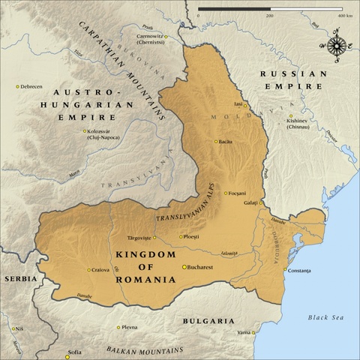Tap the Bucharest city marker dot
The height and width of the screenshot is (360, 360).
tap(185, 266)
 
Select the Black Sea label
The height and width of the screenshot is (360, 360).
tap(325, 318)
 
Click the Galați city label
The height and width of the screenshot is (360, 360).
tap(250, 203)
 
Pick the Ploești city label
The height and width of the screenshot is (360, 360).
tap(193, 237)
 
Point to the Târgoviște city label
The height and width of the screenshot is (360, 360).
tap(140, 237)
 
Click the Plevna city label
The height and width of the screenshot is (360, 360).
tap(130, 327)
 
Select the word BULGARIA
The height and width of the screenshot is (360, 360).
tap(208, 320)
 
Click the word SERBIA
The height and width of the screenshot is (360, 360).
tap(20, 278)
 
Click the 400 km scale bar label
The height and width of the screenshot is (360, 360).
tap(346, 15)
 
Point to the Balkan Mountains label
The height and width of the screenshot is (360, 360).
tap(144, 350)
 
